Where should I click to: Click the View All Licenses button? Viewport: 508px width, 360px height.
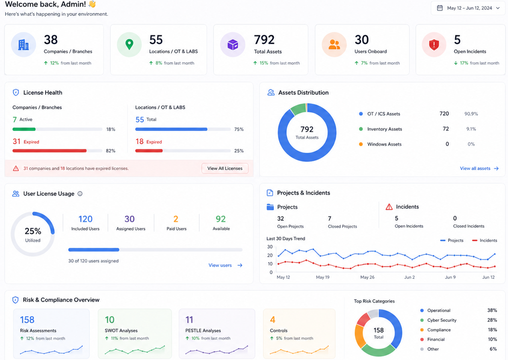click(225, 168)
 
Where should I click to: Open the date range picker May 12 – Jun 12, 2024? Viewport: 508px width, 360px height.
click(468, 8)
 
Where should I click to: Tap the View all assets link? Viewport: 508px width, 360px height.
click(479, 168)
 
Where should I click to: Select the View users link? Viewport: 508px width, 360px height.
click(225, 265)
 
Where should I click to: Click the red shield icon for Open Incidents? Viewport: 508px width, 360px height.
click(434, 45)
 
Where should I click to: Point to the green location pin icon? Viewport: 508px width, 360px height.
click(129, 44)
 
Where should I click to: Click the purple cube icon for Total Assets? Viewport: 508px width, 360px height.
click(233, 45)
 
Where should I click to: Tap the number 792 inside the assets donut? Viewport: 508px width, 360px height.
click(307, 129)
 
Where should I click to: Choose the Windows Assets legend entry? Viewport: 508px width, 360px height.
click(381, 144)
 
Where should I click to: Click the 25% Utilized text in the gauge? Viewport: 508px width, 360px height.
click(32, 235)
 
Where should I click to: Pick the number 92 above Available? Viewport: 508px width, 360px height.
click(221, 219)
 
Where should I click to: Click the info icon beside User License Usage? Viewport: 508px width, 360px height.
click(80, 194)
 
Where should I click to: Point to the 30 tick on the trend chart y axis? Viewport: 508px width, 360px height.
click(270, 247)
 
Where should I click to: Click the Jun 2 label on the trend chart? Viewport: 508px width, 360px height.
click(410, 277)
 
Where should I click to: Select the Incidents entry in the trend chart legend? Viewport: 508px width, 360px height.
click(485, 240)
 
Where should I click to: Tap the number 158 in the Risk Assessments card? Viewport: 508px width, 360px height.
click(27, 320)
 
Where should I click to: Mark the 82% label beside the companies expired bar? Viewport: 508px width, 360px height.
click(110, 151)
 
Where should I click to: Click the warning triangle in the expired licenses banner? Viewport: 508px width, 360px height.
click(16, 168)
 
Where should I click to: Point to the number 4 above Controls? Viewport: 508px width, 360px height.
click(273, 320)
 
